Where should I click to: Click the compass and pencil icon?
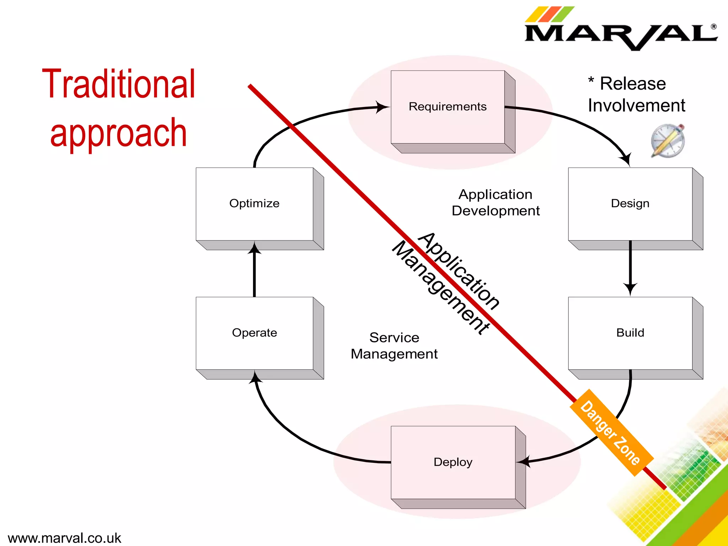[x=668, y=141]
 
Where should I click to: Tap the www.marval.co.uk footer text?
[x=64, y=538]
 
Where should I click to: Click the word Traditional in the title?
[x=118, y=84]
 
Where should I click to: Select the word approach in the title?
[x=118, y=133]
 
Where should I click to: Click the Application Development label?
[x=496, y=203]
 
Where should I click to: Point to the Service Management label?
[x=394, y=346]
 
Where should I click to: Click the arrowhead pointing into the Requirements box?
[x=382, y=107]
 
